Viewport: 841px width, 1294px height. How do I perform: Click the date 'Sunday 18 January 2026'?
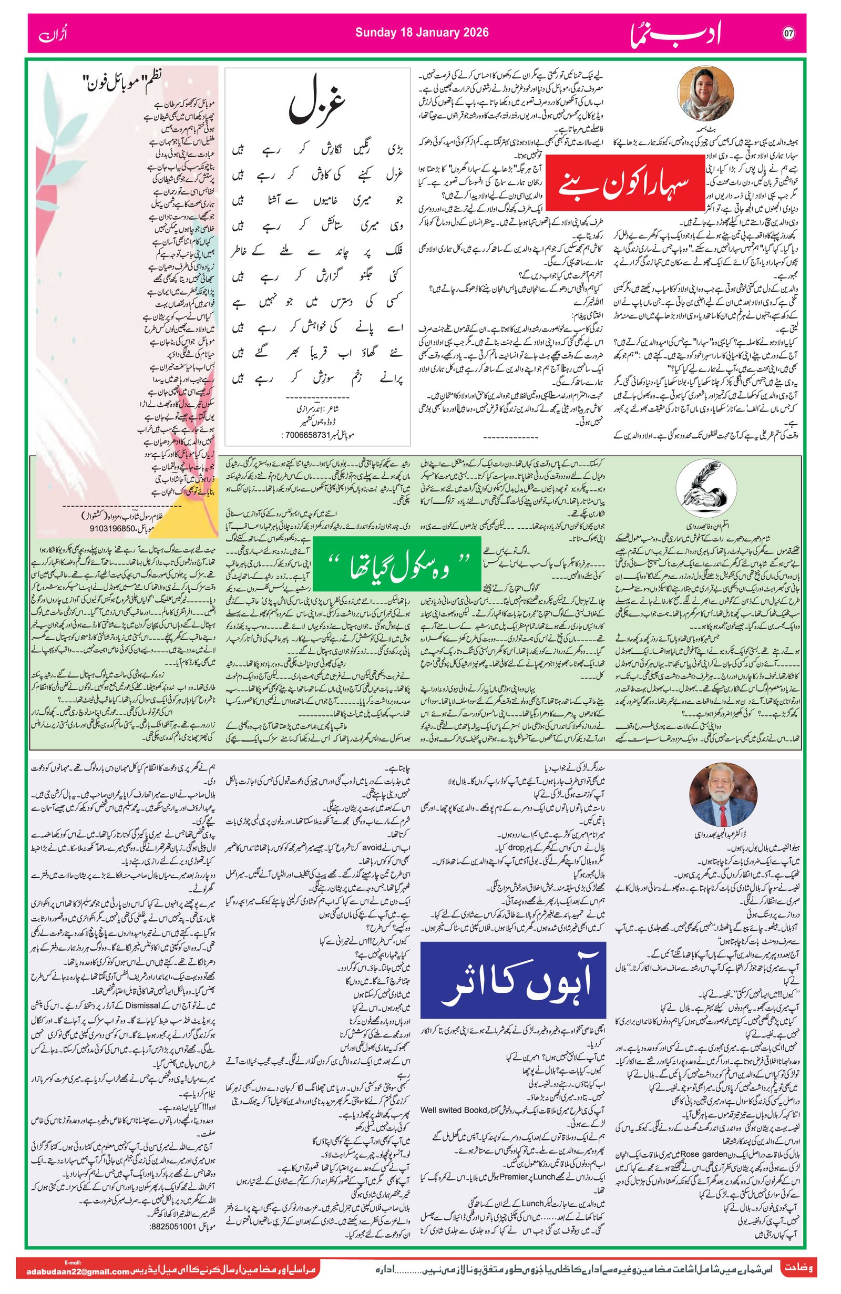click(x=422, y=33)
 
